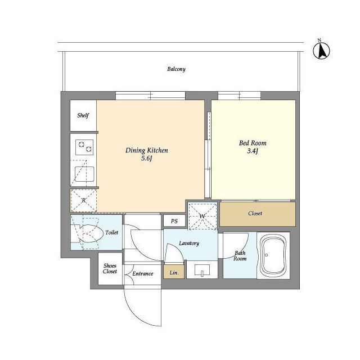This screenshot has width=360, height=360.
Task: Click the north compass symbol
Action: [321, 50]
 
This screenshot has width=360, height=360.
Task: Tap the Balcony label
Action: [176, 69]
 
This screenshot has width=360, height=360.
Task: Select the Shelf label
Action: [83, 115]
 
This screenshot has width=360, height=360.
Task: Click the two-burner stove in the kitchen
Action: [84, 147]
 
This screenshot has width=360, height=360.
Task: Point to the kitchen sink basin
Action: [84, 174]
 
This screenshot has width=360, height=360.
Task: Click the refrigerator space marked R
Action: [84, 200]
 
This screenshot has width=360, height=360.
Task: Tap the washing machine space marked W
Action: [202, 216]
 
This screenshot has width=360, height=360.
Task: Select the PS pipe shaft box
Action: [174, 221]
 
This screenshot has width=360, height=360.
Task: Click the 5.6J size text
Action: [147, 159]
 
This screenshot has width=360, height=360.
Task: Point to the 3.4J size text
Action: [253, 151]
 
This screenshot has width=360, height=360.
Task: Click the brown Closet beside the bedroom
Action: [258, 214]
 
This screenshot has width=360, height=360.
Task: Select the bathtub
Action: [274, 255]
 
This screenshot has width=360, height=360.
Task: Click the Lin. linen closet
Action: [174, 272]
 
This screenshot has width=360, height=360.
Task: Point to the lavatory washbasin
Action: [202, 270]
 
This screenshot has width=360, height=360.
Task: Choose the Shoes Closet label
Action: [110, 268]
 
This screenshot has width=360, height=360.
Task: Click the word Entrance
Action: [142, 274]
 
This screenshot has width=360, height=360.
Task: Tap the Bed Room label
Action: [253, 143]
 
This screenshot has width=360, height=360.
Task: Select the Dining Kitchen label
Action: [147, 150]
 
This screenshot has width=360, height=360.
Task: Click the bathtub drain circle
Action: [266, 255]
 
